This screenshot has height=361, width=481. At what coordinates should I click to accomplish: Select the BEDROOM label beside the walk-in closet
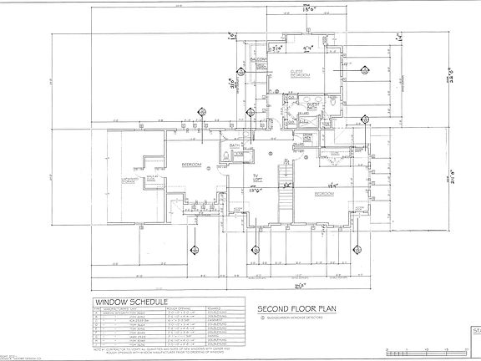click(193, 165)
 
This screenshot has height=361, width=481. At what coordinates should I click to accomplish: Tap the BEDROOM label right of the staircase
click(325, 193)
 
